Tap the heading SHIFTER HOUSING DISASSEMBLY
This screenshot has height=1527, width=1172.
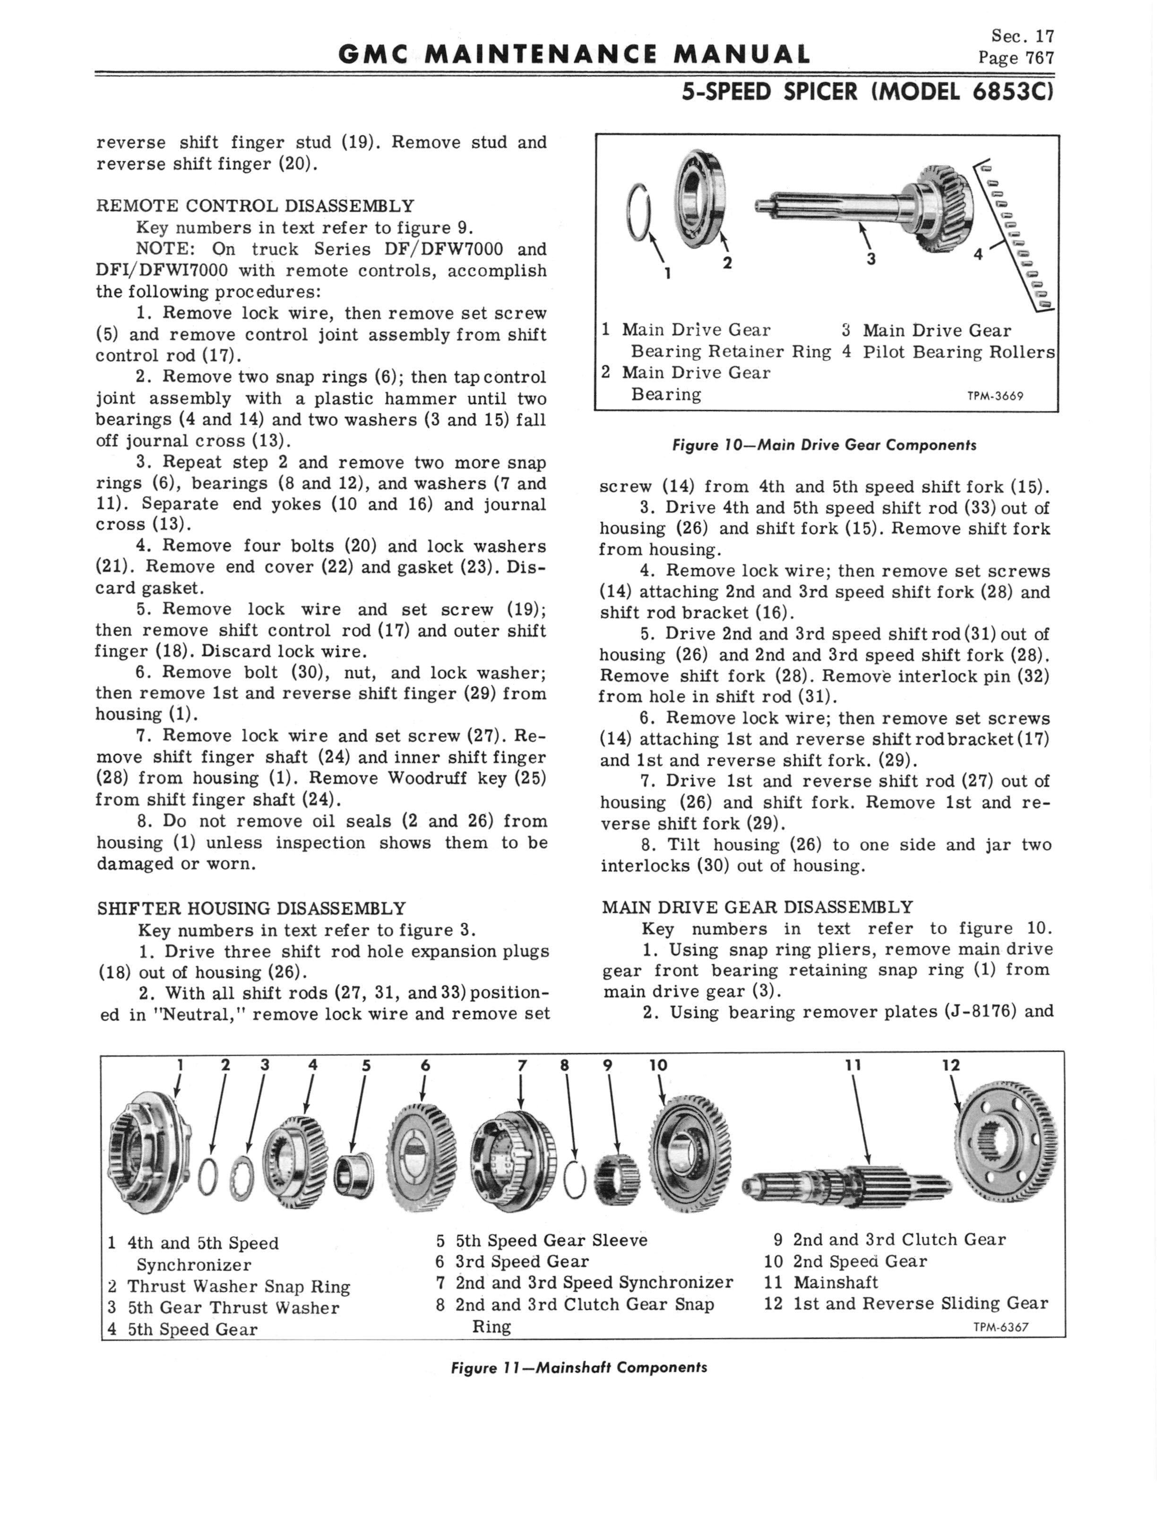pyautogui.click(x=250, y=908)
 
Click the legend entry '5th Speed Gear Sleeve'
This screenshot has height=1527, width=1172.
pyautogui.click(x=542, y=1240)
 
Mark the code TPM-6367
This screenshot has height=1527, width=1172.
pyautogui.click(x=1000, y=1327)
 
